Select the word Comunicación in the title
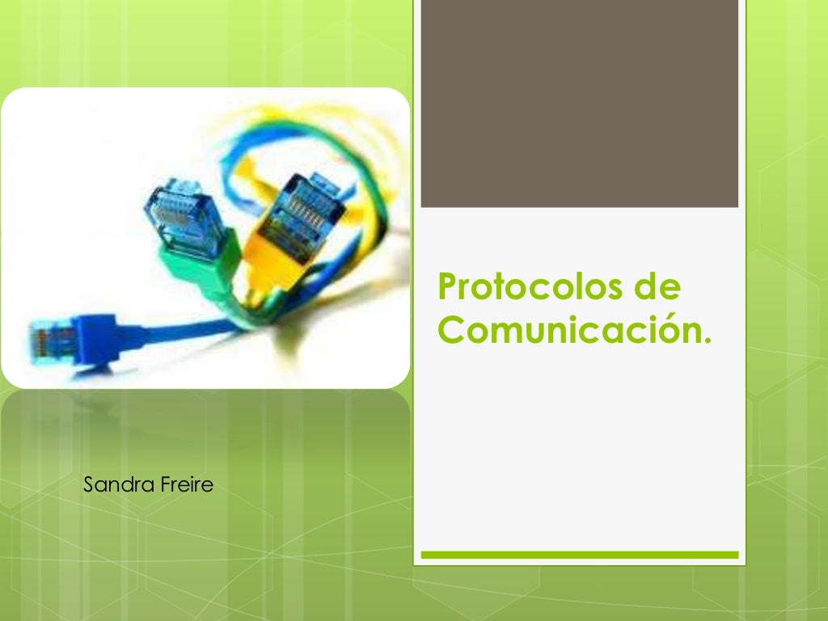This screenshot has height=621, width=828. (571, 330)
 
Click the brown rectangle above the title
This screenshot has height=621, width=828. (579, 103)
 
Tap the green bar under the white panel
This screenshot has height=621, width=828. (579, 555)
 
